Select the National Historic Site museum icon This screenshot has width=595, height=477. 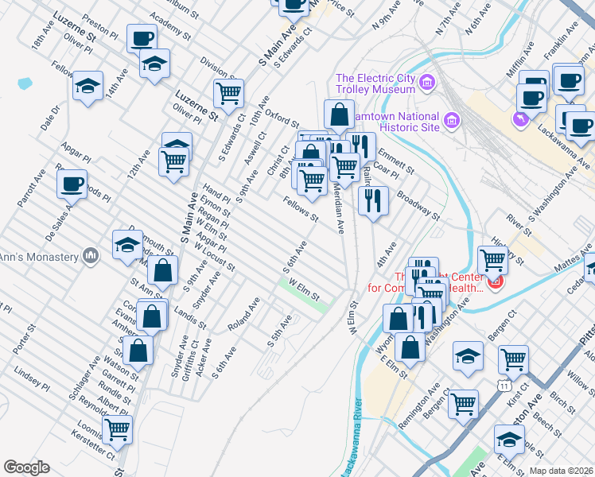click(x=453, y=121)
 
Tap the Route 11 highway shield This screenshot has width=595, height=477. click(x=505, y=386)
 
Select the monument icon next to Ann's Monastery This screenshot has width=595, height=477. click(x=91, y=256)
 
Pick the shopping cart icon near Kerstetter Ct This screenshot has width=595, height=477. click(x=118, y=429)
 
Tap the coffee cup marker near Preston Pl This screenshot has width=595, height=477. click(x=142, y=37)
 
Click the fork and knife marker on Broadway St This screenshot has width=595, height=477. click(x=372, y=200)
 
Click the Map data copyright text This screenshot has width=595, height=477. click(x=560, y=471)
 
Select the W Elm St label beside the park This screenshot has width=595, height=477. click(x=304, y=290)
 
